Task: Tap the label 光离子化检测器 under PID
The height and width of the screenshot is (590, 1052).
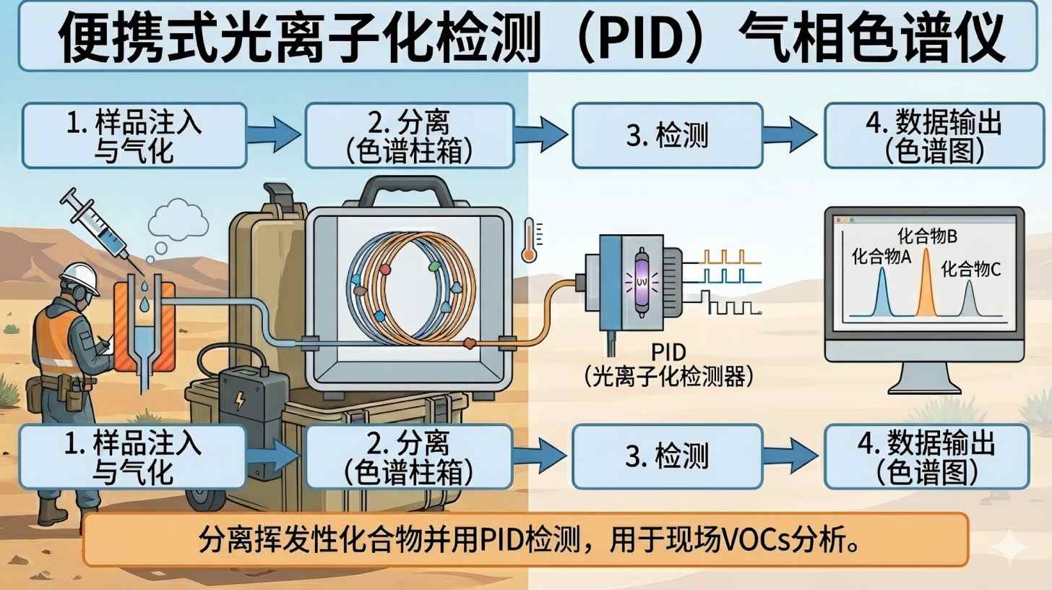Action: tap(668, 377)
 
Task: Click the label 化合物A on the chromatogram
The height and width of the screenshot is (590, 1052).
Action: tap(881, 257)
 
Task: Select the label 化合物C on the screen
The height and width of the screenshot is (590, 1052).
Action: tap(971, 270)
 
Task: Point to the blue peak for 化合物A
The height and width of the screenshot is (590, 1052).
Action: tap(881, 293)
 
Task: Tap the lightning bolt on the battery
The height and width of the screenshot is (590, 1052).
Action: tap(240, 401)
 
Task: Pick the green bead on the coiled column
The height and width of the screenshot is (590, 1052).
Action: tap(434, 266)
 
